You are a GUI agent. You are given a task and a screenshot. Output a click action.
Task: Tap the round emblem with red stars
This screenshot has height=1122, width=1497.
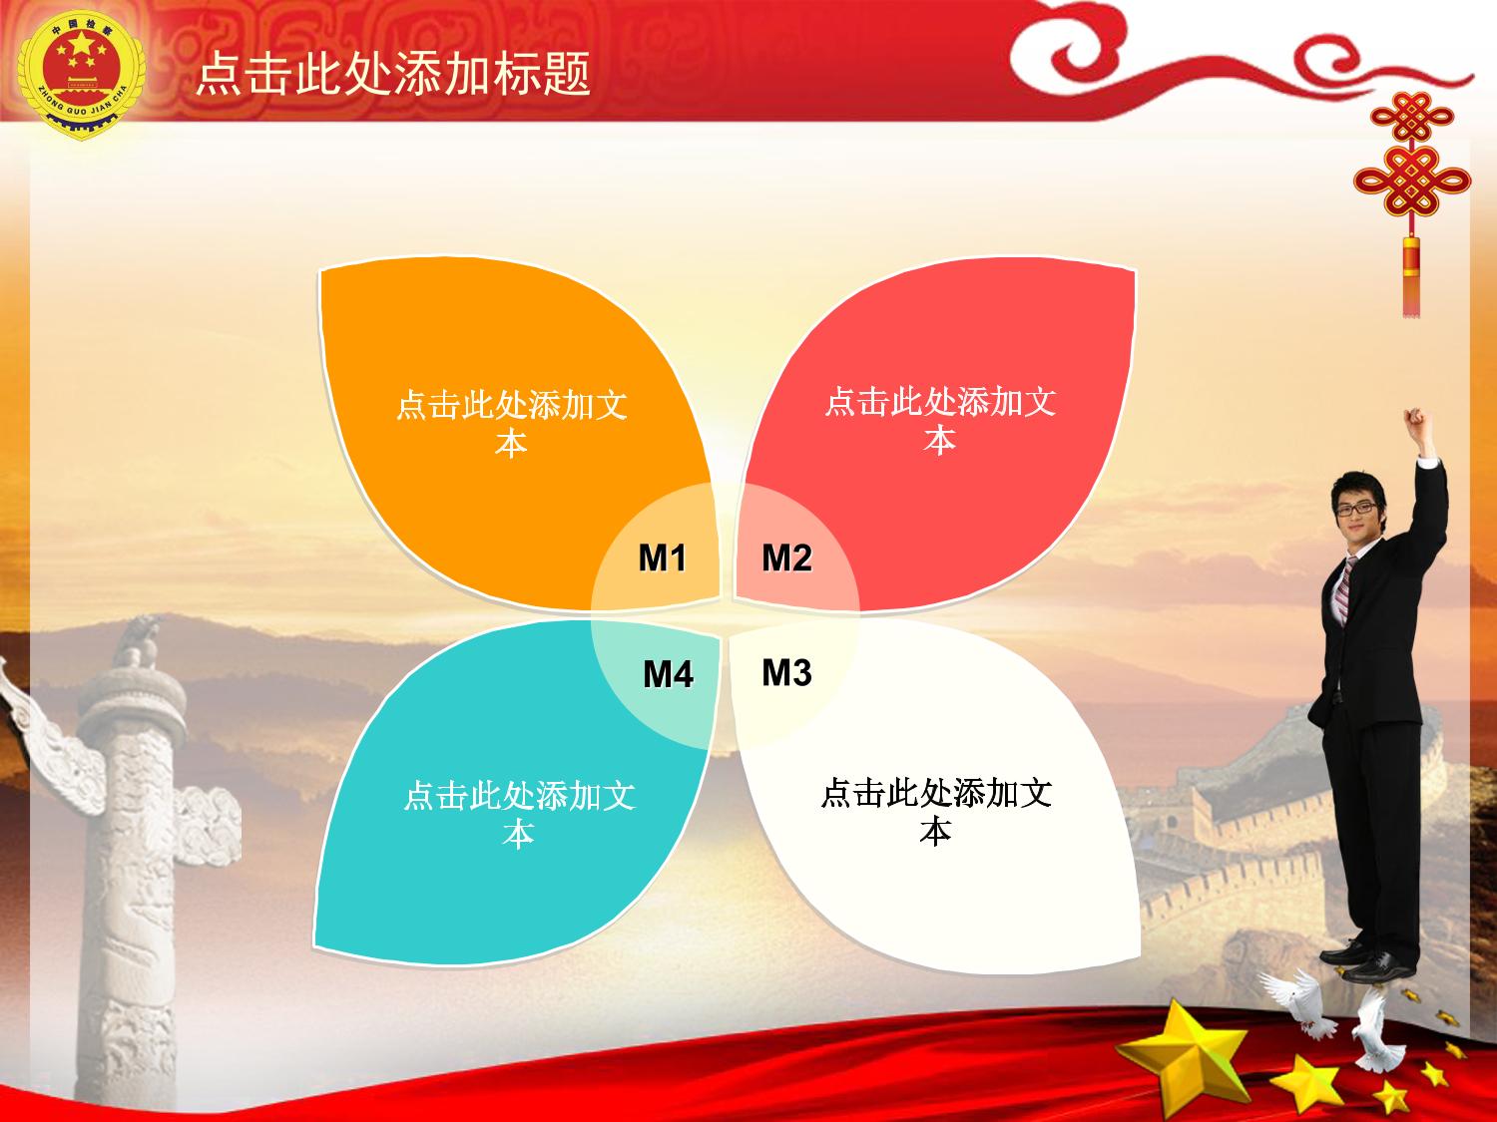click(x=82, y=75)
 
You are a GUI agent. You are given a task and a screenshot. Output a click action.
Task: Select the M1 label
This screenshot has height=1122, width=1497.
click(x=662, y=558)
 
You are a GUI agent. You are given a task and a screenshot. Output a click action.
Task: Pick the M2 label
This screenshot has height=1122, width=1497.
click(x=786, y=558)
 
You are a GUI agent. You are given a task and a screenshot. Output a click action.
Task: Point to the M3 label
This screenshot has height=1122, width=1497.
click(x=786, y=672)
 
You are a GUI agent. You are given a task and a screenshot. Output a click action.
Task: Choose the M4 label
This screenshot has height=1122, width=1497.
click(x=668, y=674)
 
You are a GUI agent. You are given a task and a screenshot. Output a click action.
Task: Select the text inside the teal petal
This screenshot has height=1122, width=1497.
click(x=519, y=814)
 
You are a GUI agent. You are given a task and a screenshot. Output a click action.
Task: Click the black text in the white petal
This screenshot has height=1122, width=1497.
click(x=936, y=811)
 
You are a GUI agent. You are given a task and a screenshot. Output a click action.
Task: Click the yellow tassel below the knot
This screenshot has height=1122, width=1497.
click(x=1410, y=276)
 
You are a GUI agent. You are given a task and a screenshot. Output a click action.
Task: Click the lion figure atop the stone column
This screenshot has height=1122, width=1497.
click(x=138, y=640)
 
